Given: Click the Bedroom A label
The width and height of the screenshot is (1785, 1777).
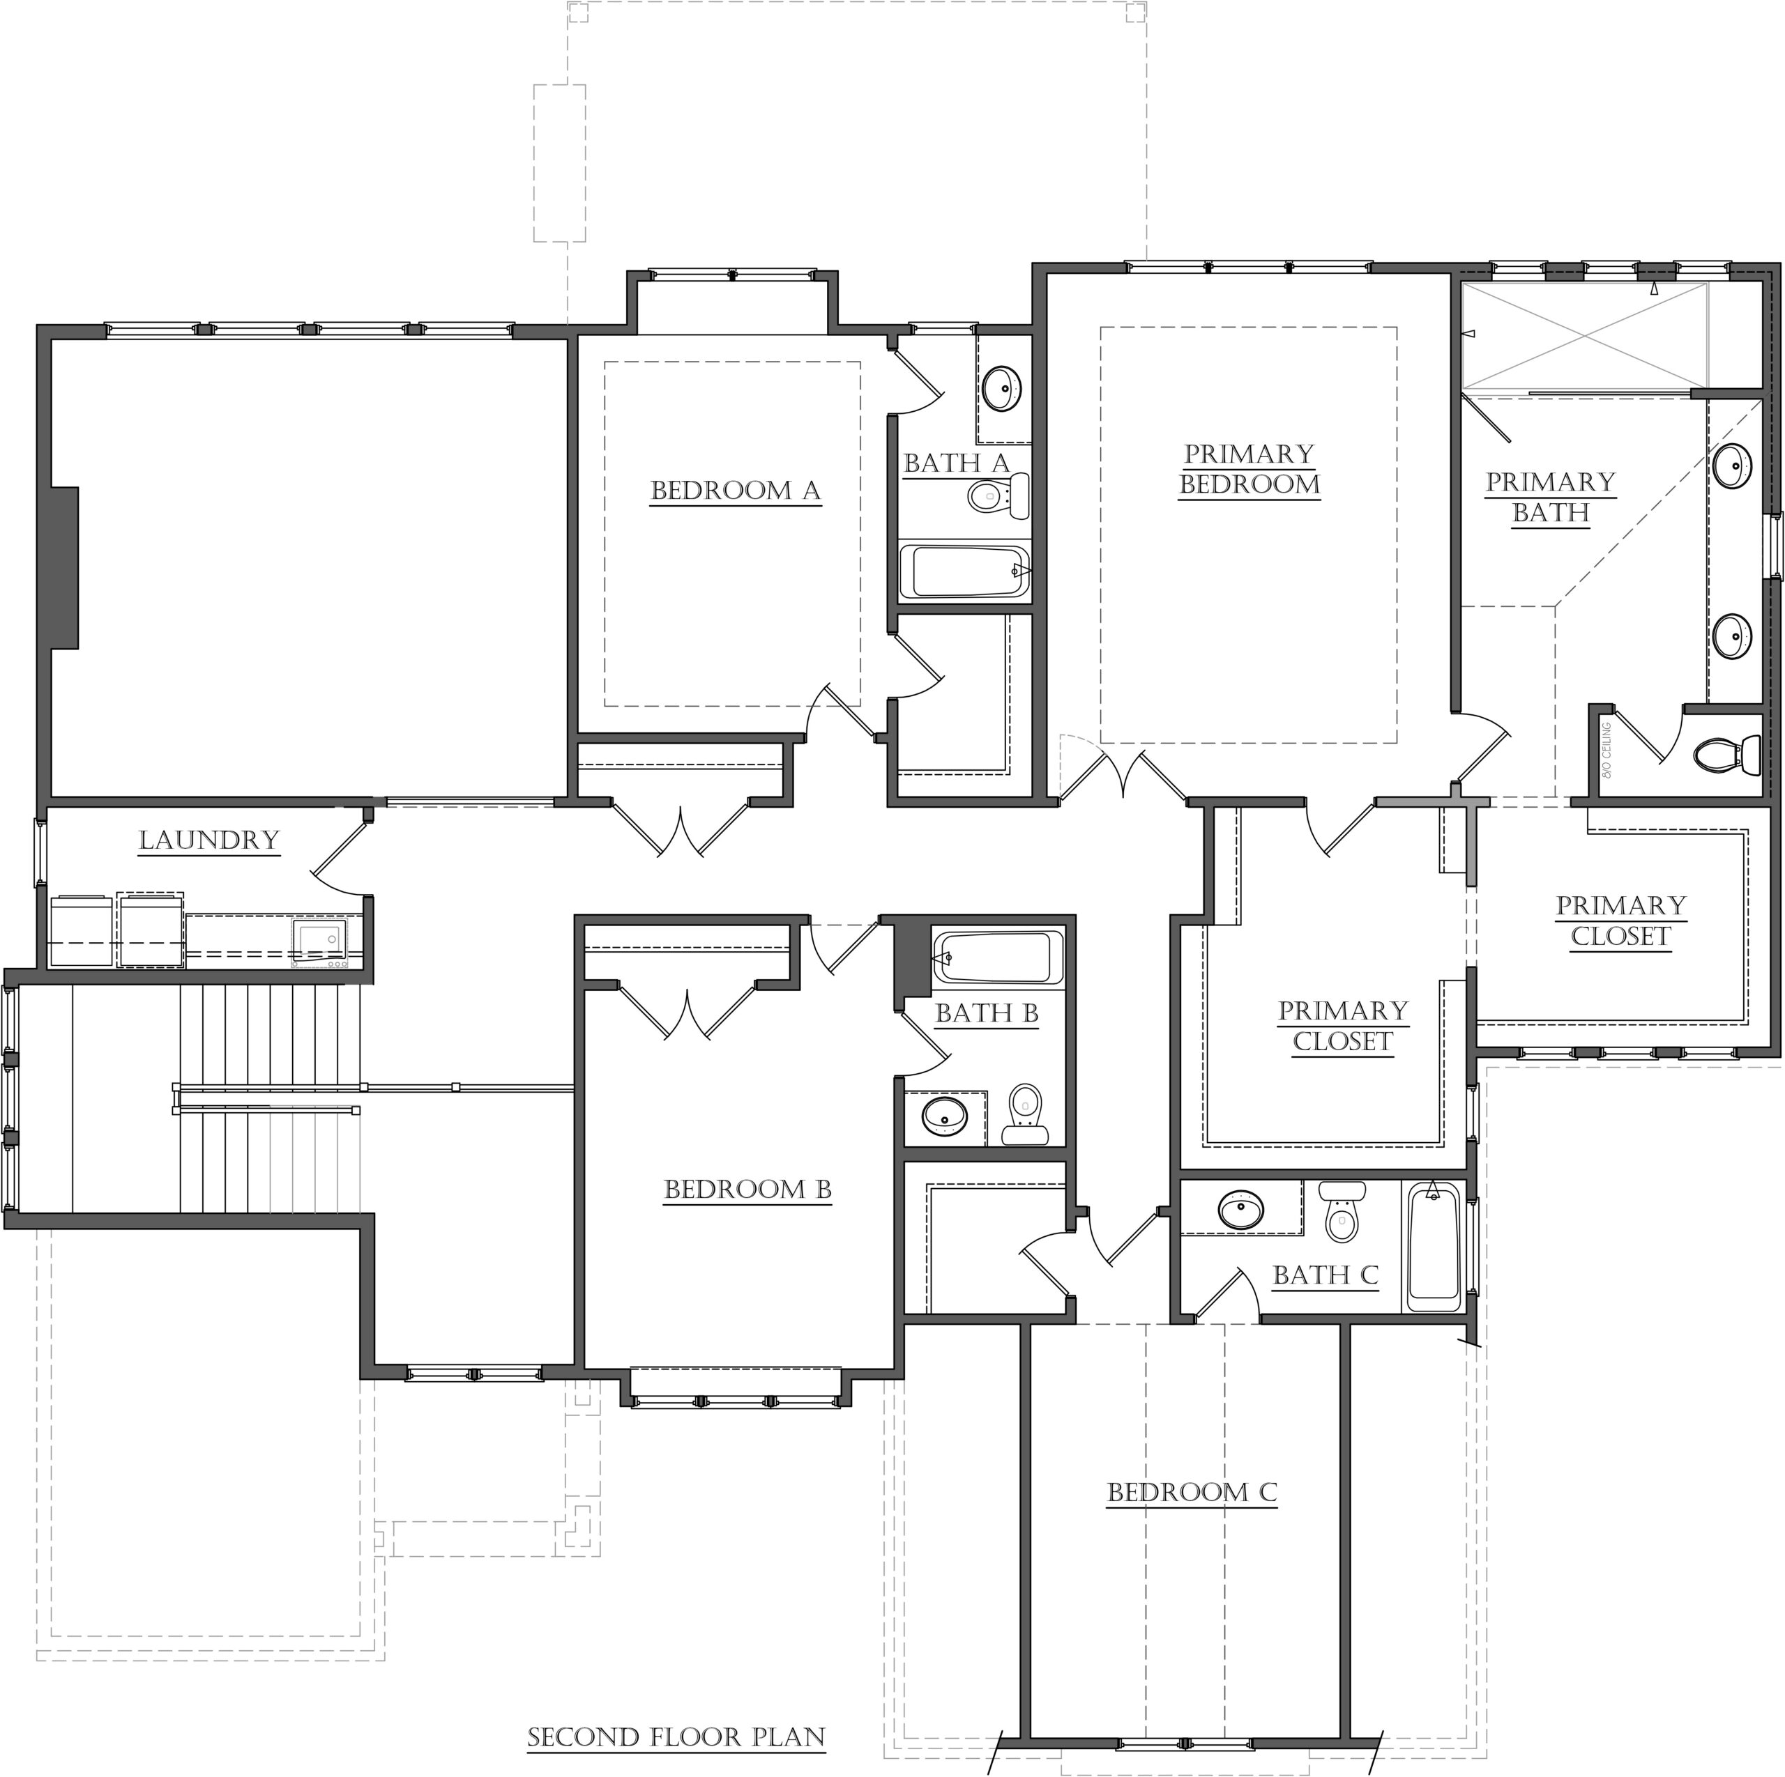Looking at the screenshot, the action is [736, 491].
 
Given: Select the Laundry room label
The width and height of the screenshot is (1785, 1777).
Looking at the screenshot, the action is [208, 840].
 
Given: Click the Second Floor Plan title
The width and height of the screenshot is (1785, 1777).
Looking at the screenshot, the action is [676, 1737].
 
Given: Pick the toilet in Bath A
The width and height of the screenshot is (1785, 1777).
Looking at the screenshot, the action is [998, 496].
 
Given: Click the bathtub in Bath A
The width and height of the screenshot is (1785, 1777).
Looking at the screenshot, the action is [964, 571].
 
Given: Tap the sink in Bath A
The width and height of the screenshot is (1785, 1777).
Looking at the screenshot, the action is [1001, 388].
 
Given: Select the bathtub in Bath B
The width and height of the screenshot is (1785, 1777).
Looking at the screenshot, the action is [998, 957].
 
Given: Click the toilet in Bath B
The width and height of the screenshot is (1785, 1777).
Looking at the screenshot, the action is [1024, 1114].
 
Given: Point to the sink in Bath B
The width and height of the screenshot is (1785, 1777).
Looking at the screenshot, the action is [944, 1116].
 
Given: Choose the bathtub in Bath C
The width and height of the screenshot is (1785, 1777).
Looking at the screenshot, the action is [1434, 1245].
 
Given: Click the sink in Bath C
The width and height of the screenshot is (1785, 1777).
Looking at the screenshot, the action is [1241, 1209].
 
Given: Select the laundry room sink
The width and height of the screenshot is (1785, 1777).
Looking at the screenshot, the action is [319, 941].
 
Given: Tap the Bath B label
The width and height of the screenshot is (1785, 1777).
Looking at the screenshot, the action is [987, 1013].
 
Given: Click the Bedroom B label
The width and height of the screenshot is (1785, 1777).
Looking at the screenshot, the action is [747, 1190].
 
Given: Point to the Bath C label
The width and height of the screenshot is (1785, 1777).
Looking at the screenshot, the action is [1325, 1275].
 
